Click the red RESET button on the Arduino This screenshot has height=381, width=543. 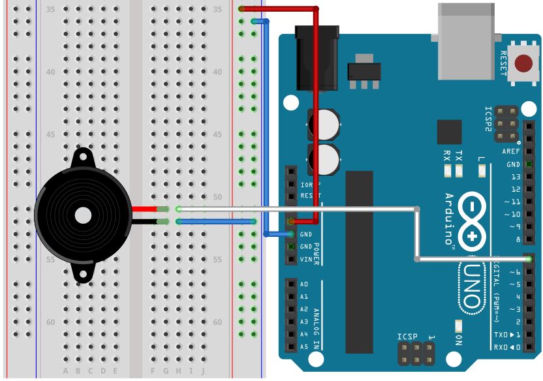coord(523,64)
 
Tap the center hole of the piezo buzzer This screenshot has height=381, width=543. coord(83,215)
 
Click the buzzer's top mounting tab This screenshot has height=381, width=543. coord(82,157)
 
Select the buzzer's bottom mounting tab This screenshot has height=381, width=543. coord(82,273)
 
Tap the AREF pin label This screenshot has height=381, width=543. coord(511,151)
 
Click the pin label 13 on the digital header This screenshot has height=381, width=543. coord(516,177)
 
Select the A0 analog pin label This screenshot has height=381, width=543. coord(303,284)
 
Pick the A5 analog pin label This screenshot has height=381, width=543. coord(303,347)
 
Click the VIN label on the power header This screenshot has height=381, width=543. coord(305,259)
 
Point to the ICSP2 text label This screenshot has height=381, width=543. coord(488,119)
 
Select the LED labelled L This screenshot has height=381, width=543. coord(481,172)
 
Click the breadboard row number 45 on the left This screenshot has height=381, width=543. coord(50,134)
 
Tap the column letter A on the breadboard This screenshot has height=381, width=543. coord(65,371)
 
